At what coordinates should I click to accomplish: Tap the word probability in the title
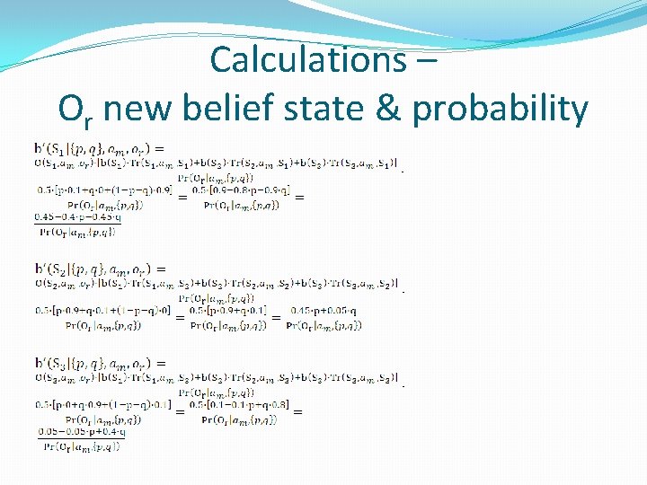click(500, 110)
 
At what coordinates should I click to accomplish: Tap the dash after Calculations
click(426, 61)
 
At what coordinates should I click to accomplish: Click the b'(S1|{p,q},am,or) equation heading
click(98, 148)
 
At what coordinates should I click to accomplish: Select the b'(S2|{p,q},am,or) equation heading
click(99, 268)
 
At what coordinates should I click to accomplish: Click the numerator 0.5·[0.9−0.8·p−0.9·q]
click(240, 190)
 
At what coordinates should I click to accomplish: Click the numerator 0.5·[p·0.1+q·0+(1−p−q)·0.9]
click(102, 190)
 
